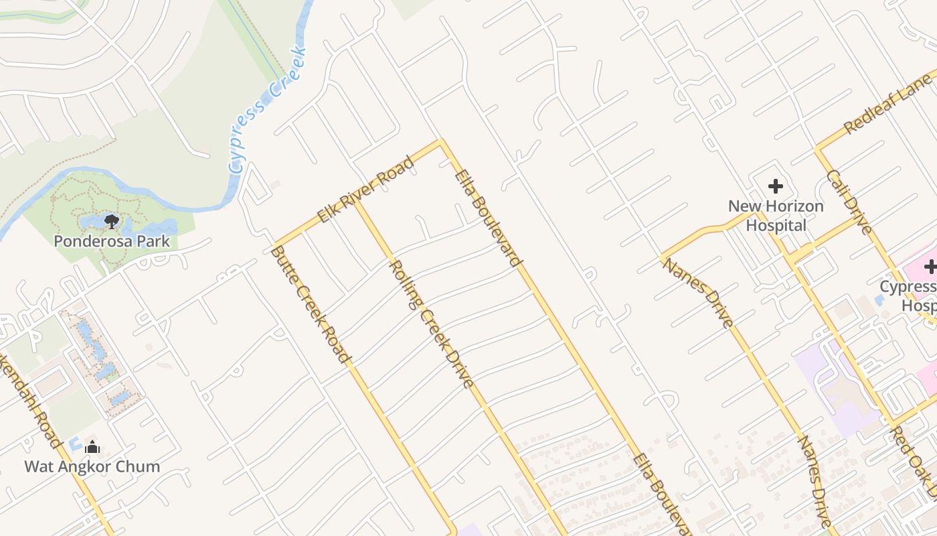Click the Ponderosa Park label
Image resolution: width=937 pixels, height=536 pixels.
coord(112,241)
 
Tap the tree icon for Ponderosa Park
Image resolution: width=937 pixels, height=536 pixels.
coord(112,221)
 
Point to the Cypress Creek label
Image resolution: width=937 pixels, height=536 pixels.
coord(266,111)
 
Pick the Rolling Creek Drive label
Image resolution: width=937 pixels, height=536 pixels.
coord(432,324)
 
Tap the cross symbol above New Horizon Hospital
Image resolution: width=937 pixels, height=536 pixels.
coord(776,186)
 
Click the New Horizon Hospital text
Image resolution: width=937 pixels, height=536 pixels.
coord(776,215)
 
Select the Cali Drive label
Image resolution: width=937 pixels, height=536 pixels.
coord(849,202)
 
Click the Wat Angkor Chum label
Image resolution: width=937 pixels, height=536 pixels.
coord(92,466)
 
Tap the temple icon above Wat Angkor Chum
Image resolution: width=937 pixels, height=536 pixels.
coord(92,448)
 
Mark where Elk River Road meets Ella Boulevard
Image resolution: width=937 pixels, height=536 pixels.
coord(440,141)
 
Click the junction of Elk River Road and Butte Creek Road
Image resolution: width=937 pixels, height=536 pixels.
coord(275,244)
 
